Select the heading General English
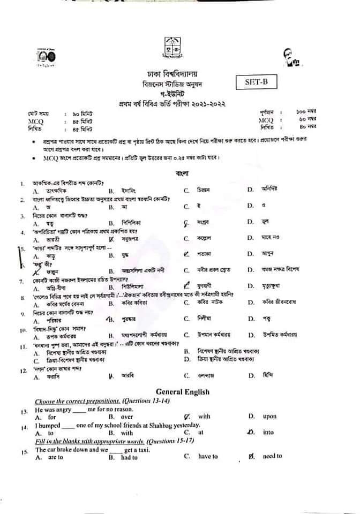click(183, 392)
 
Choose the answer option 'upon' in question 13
click(269, 416)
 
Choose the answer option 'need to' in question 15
click(272, 456)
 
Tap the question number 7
click(21, 281)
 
